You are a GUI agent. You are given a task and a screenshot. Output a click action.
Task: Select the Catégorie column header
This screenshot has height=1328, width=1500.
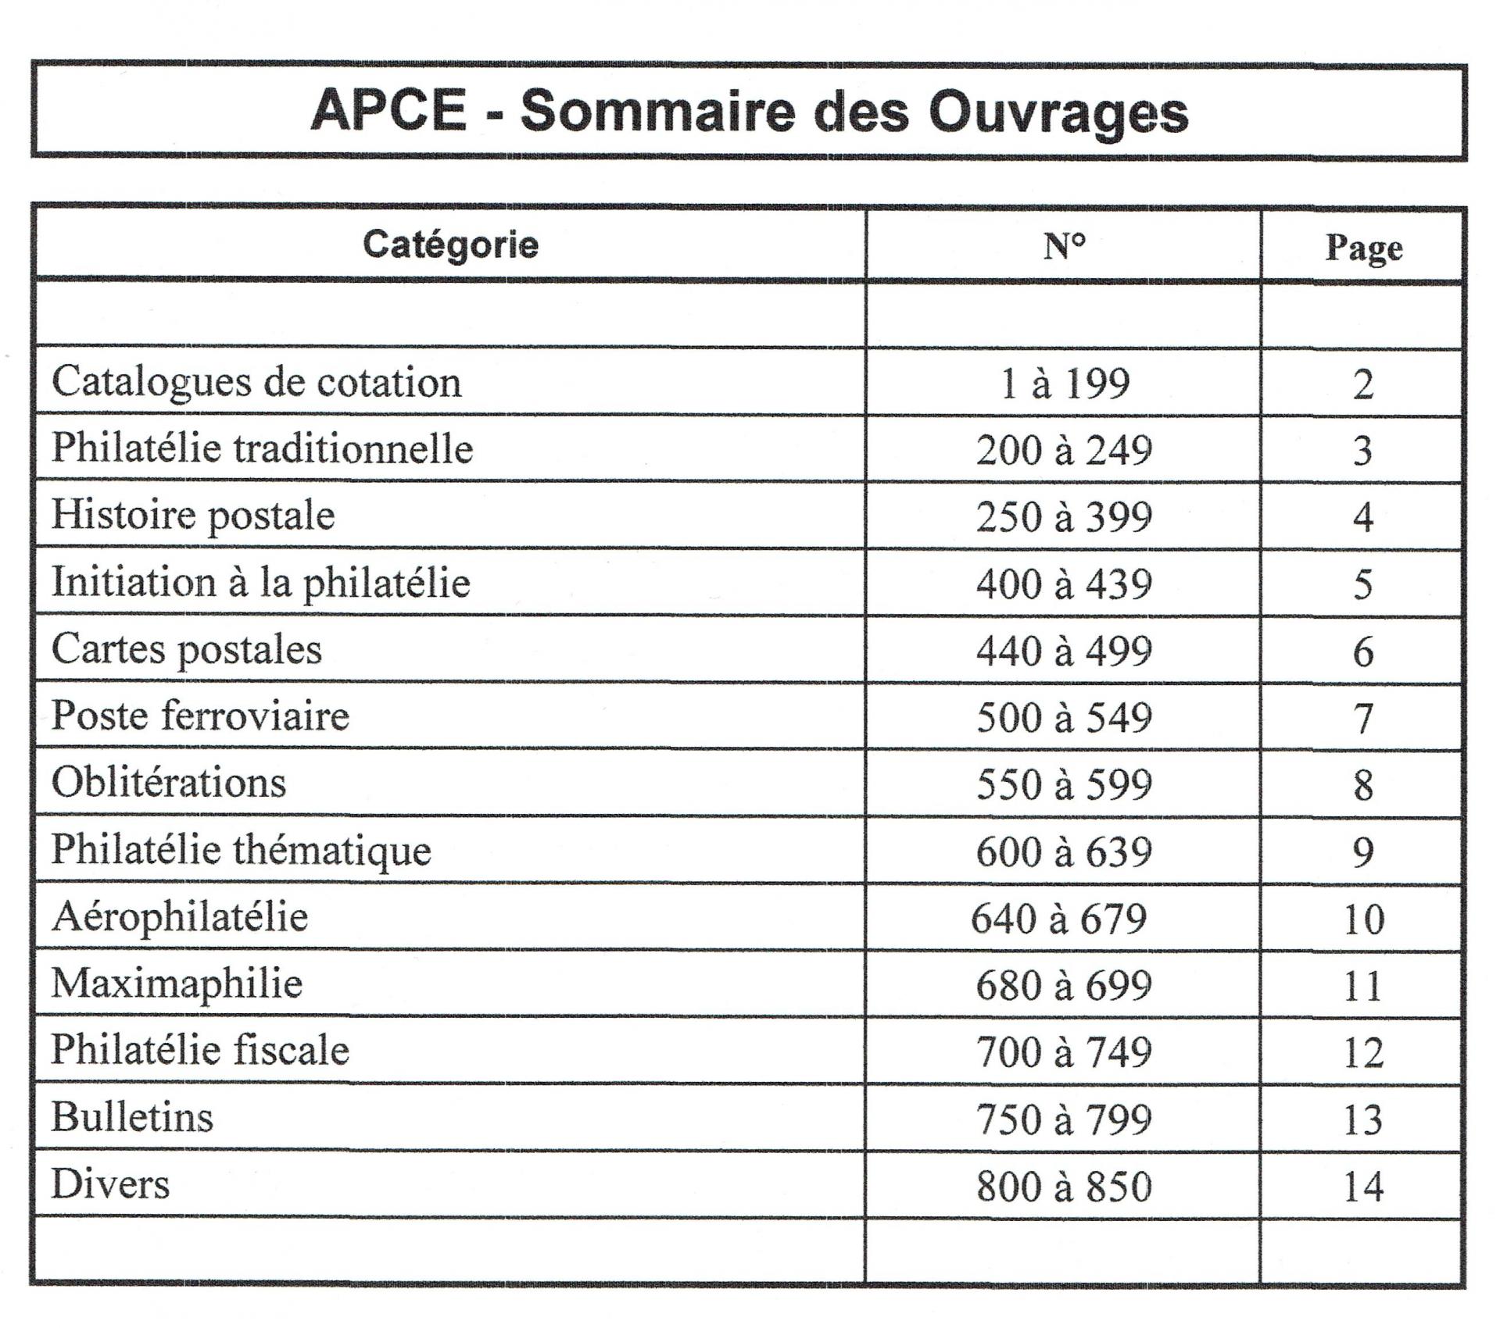450,245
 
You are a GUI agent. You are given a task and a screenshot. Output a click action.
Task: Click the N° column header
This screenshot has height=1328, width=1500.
1064,247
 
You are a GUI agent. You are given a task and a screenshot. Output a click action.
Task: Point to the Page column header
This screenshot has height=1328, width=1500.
1363,248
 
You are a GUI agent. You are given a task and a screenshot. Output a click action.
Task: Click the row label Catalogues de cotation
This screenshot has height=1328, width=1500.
256,382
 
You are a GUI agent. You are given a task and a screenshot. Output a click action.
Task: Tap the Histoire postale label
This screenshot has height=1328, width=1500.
193,516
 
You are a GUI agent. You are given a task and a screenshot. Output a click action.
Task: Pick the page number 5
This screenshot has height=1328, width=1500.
1362,584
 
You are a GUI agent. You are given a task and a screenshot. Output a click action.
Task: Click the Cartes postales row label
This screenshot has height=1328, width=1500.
186,650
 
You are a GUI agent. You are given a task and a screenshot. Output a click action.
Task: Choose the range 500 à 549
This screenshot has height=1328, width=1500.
1063,718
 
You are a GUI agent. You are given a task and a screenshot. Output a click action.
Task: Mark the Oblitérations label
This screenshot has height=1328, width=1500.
169,783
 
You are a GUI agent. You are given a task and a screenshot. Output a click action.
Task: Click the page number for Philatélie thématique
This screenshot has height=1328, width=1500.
1362,851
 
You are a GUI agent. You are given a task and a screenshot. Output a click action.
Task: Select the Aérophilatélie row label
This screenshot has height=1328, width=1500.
180,916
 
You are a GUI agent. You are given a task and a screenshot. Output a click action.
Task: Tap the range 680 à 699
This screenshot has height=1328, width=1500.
1063,985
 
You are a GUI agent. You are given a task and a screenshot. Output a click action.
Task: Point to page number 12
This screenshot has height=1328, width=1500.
1363,1052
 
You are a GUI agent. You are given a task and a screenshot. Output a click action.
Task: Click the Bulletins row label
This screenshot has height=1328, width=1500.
132,1117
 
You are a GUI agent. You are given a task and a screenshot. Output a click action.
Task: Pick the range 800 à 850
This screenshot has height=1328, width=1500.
1063,1187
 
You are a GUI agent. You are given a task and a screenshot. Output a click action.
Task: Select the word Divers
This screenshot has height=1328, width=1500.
110,1184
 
